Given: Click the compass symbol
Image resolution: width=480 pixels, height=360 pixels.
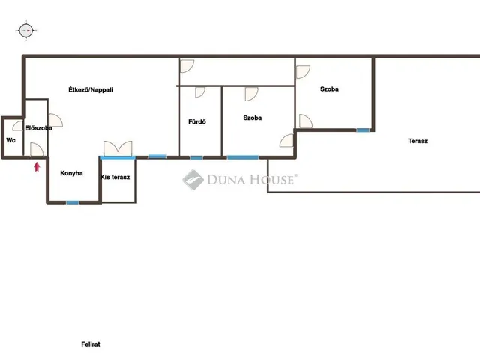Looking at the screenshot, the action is pos(26,31).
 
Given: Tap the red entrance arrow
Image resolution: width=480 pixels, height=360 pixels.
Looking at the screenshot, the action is pos(37,167).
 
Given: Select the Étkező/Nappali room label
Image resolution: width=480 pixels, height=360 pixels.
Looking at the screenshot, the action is pos(91,90).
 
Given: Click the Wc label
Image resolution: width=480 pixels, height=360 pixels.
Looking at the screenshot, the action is pos(10,140).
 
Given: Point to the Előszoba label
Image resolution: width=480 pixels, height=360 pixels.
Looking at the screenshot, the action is pos(38,128).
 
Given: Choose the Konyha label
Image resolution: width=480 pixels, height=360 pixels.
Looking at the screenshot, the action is pos(71,173).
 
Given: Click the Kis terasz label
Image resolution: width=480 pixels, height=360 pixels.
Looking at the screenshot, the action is pos(115,177).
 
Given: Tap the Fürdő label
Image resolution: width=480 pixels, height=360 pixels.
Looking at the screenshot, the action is pos(197,121).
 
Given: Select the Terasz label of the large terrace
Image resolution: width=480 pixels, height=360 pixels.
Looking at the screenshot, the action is pos(418,141).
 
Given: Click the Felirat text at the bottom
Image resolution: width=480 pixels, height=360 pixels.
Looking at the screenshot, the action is pos(91,344).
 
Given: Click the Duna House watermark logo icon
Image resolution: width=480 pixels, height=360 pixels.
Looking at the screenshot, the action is pos(193,180).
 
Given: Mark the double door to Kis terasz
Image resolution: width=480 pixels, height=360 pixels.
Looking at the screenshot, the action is pos(118,148).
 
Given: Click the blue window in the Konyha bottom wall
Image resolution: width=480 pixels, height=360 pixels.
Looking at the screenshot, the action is pos(73,202).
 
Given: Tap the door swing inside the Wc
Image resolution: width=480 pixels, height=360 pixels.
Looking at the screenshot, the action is pos(18,126).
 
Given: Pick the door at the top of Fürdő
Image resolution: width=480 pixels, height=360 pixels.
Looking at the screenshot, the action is pos(200,92).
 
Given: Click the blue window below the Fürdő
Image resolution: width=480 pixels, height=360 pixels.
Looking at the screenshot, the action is pos(196,158).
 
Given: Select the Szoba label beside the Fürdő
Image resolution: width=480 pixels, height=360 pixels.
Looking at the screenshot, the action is pos(253,118).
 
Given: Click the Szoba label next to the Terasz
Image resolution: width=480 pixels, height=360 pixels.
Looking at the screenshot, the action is pos(329,89).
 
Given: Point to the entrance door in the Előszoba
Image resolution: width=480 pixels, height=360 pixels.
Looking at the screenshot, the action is pos(37,150).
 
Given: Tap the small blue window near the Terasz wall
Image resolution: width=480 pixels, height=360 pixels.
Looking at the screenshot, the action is pos(363,130).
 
